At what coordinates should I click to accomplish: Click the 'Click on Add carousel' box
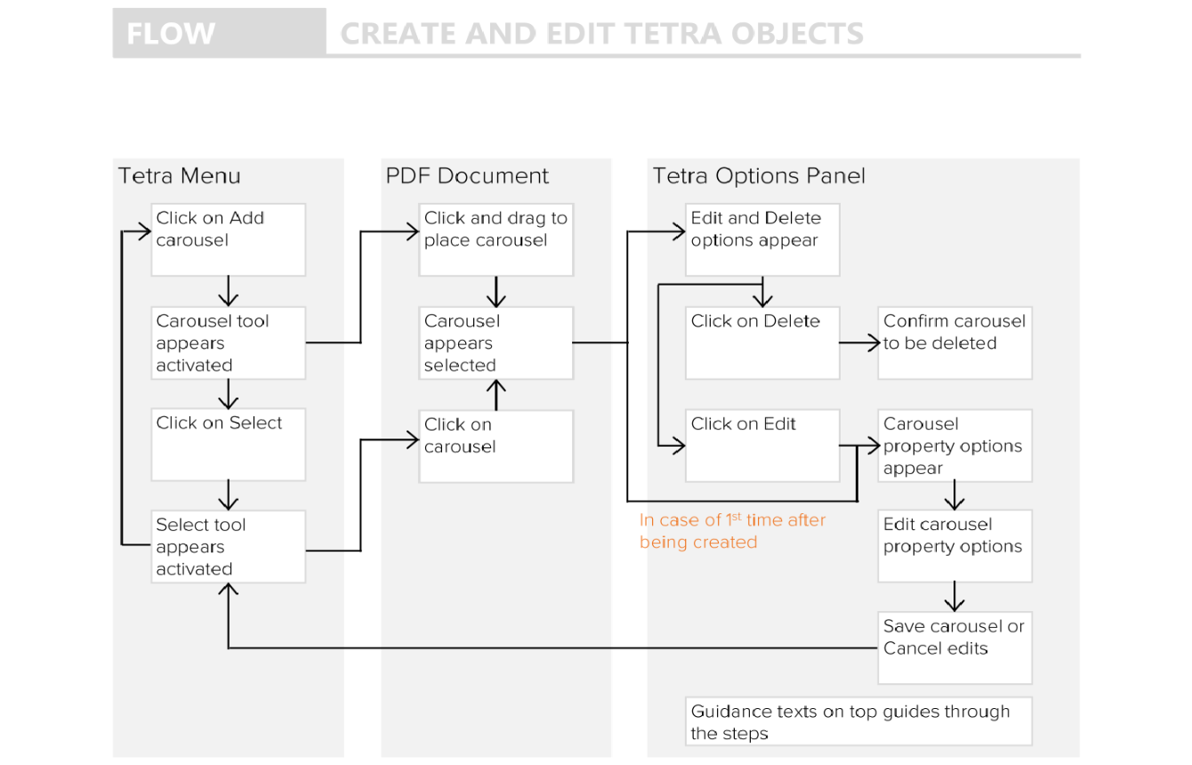click(228, 239)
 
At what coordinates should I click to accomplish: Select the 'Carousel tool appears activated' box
click(228, 342)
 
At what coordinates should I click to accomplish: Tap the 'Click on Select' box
click(228, 444)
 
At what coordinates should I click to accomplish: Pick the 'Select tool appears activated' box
click(228, 546)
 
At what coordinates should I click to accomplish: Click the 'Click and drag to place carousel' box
click(495, 239)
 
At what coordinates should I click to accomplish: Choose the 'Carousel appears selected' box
click(495, 342)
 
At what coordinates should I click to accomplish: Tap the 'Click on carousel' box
click(495, 446)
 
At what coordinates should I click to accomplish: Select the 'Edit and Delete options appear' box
click(762, 239)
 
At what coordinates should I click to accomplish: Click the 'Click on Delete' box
click(762, 342)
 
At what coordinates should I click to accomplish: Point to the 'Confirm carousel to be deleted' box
click(954, 342)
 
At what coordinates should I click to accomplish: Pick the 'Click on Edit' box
click(762, 446)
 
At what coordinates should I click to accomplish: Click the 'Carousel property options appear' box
click(954, 446)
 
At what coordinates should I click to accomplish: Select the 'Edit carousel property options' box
click(954, 545)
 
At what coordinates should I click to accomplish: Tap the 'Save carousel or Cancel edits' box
click(954, 648)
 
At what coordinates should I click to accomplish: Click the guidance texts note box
click(858, 721)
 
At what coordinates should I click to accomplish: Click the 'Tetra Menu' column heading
click(180, 176)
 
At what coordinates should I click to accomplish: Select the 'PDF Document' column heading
click(467, 176)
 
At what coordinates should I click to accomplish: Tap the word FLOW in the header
click(171, 34)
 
